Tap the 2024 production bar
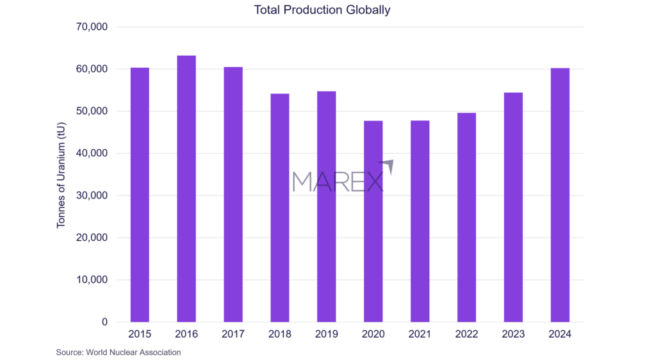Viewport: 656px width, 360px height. (560, 195)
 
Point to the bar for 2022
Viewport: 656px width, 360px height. (466, 217)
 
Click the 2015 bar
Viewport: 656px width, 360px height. (140, 195)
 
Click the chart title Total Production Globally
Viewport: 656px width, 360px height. (322, 10)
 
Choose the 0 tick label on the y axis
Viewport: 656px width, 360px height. (103, 322)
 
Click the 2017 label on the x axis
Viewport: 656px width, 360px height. (233, 334)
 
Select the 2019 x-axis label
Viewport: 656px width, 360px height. (327, 334)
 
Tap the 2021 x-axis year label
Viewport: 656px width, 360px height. (420, 334)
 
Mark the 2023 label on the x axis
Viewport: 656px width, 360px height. (513, 334)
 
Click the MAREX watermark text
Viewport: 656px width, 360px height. (338, 181)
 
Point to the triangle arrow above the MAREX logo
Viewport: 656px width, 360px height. (388, 165)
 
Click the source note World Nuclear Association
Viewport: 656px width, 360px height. (119, 352)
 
